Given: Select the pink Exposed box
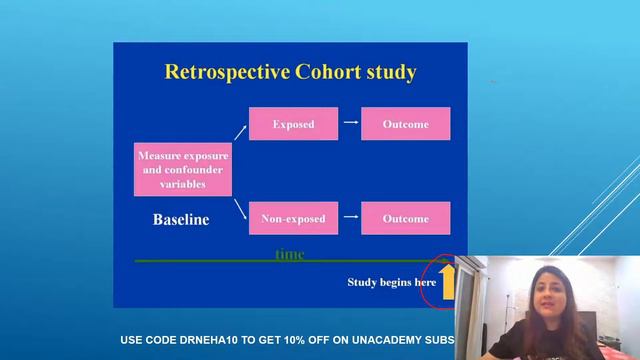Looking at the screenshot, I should (293, 124).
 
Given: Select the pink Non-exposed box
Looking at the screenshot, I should (293, 218).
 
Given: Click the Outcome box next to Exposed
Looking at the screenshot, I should (405, 124).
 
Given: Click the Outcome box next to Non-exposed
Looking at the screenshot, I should (405, 218).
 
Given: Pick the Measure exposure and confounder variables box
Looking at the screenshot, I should (183, 170).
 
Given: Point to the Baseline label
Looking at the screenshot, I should (180, 220).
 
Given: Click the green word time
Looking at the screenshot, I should (289, 255).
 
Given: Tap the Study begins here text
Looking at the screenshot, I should (391, 282).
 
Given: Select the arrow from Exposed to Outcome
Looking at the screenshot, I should (350, 124).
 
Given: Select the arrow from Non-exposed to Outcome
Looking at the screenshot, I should (350, 218).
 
